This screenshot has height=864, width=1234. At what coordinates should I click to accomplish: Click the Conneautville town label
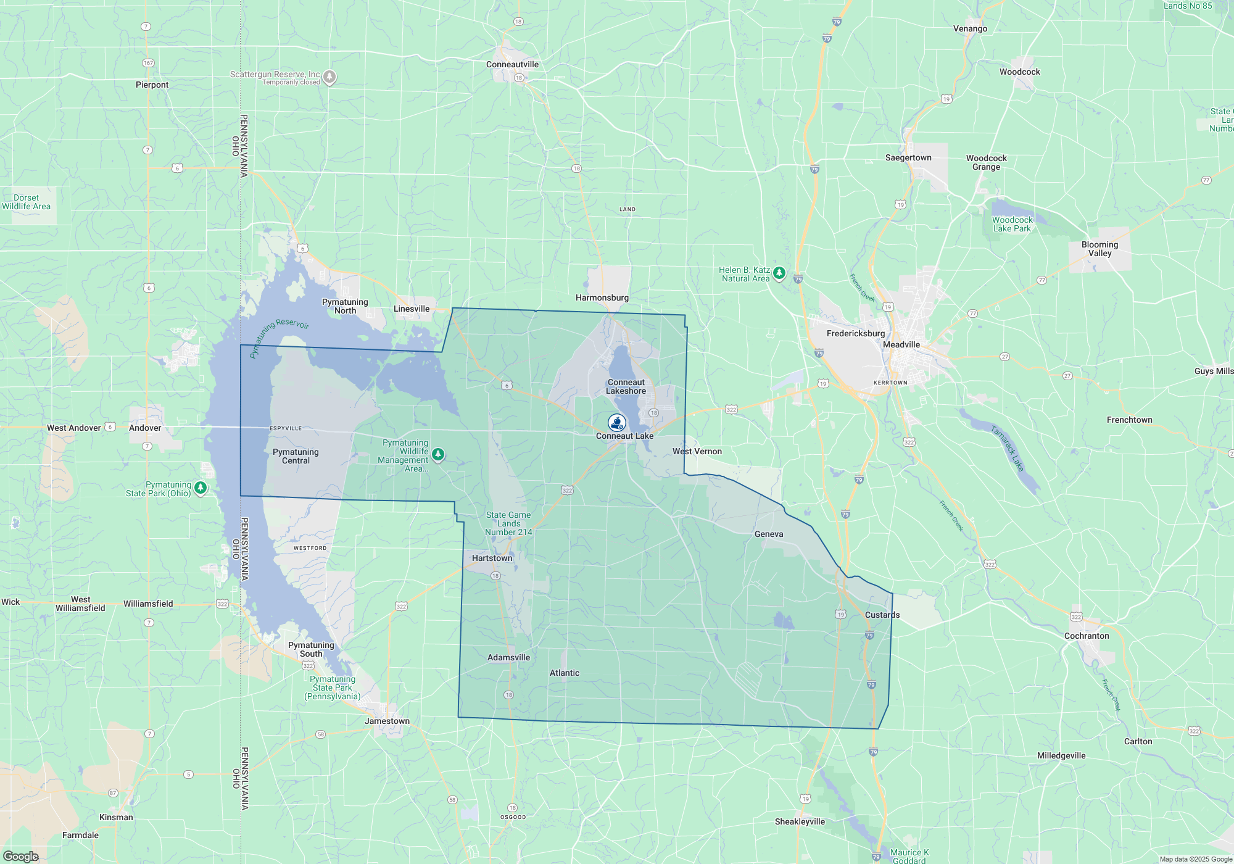click(x=512, y=64)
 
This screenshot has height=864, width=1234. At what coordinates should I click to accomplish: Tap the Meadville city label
click(x=901, y=344)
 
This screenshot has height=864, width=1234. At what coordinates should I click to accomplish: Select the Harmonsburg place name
click(x=602, y=297)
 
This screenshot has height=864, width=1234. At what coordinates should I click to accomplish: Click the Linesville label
click(x=412, y=309)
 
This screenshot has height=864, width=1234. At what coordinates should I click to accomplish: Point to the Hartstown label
click(x=492, y=558)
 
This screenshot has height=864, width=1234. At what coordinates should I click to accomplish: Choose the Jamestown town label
click(x=387, y=721)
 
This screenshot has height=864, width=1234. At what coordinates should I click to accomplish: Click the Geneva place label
click(x=769, y=534)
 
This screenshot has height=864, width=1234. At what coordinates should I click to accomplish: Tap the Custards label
click(x=882, y=615)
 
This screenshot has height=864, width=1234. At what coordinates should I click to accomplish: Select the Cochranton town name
click(x=1087, y=636)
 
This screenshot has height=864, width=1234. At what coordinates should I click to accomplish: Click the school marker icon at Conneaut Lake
click(x=617, y=422)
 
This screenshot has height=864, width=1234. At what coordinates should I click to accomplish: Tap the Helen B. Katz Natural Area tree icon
click(x=779, y=272)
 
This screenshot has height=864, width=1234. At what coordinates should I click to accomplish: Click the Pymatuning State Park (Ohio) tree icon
click(x=200, y=488)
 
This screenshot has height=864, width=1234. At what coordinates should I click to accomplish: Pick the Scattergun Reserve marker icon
click(x=330, y=77)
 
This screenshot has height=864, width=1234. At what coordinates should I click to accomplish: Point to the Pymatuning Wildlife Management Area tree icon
click(x=438, y=454)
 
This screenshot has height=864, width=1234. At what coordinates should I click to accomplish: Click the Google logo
click(x=20, y=857)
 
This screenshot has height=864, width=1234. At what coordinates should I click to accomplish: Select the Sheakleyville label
click(x=800, y=821)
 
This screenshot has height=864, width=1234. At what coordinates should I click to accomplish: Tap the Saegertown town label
click(x=908, y=157)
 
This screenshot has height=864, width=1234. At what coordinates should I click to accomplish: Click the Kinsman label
click(x=116, y=817)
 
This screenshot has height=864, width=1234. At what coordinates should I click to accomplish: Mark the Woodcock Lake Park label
click(x=1012, y=224)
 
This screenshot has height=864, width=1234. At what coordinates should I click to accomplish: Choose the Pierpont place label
click(x=152, y=85)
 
